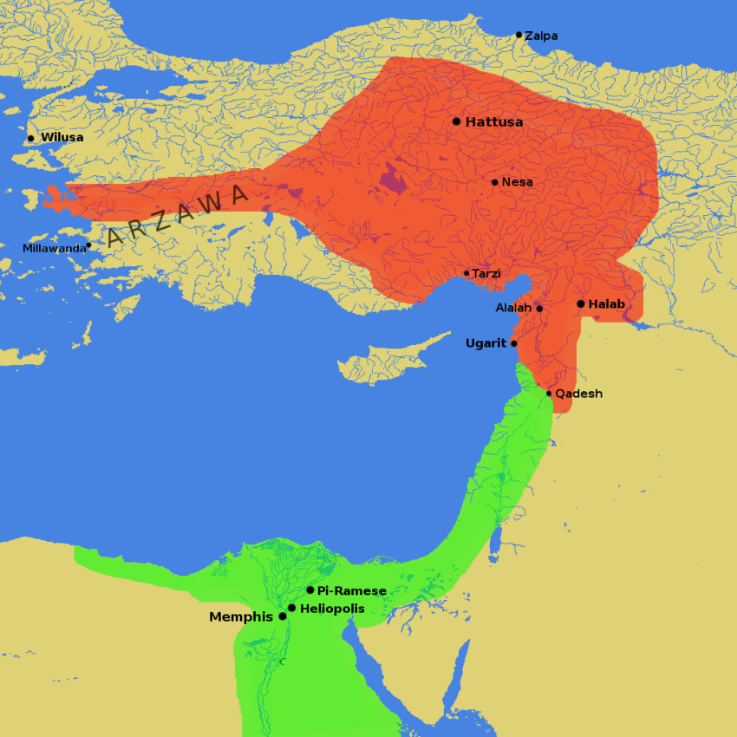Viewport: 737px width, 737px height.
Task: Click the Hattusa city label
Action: tap(494, 122)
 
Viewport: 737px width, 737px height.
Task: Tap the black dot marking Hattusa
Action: tap(457, 121)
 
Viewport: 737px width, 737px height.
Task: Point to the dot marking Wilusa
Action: tap(31, 138)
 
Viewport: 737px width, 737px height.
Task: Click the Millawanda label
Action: tap(55, 249)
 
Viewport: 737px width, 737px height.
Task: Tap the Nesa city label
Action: tap(517, 182)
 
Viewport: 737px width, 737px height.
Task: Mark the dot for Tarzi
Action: tap(466, 273)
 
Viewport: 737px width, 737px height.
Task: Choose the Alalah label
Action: tap(513, 308)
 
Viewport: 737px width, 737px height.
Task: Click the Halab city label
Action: tap(606, 304)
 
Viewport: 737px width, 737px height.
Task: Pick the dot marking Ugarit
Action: tap(514, 343)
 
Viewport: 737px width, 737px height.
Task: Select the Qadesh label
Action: tap(578, 394)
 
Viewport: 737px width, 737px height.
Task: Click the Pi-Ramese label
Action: tap(351, 590)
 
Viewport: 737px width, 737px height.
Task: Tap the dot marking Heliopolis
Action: tap(291, 608)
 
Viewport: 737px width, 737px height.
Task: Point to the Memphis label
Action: tap(241, 617)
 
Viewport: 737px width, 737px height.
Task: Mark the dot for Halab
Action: tap(581, 304)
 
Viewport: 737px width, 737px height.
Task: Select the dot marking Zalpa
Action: tap(519, 36)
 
